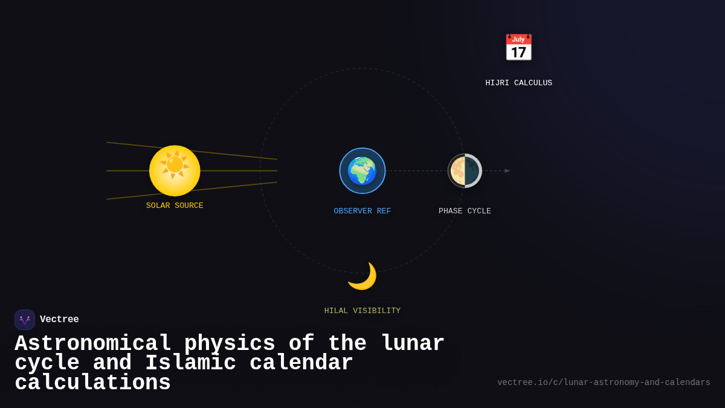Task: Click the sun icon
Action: (175, 170)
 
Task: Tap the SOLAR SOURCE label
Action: (175, 206)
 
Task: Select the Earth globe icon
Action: (362, 170)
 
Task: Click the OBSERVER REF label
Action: (362, 211)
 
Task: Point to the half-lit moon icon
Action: (465, 170)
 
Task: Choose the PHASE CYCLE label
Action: (465, 211)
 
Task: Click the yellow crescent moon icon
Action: (362, 276)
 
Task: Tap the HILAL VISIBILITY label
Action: (362, 311)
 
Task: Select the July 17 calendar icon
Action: (518, 48)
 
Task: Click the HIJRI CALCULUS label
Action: (518, 83)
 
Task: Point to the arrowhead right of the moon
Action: (507, 170)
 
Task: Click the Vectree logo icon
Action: (25, 320)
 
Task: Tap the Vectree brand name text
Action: (59, 319)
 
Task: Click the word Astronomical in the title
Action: (93, 343)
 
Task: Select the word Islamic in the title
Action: (190, 363)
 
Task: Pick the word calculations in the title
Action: (92, 383)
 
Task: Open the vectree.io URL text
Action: (604, 383)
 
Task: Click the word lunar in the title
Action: (413, 343)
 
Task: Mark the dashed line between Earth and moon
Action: (416, 170)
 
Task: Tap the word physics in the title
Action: (230, 343)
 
